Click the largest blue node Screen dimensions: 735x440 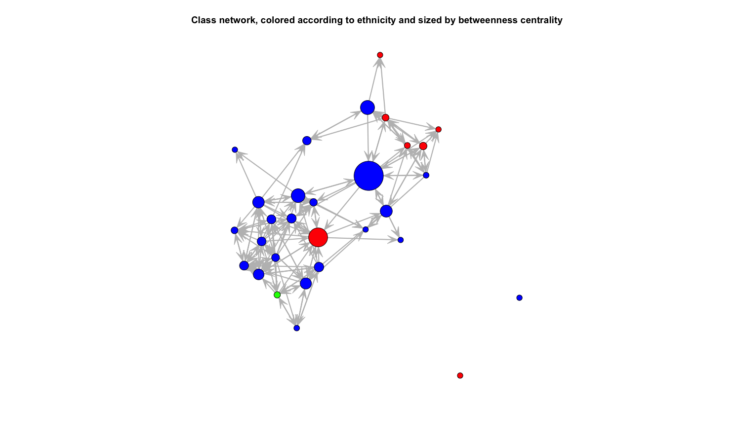[x=368, y=176]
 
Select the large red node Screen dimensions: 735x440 [x=318, y=237]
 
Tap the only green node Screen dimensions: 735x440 [x=277, y=295]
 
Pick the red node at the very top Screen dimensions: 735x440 [x=380, y=55]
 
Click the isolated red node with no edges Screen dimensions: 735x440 [x=460, y=375]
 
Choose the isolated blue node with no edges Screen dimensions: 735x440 [x=520, y=298]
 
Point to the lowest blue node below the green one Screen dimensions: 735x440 [x=297, y=328]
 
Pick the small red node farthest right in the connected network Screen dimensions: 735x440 [x=438, y=129]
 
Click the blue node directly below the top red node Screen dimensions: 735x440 [x=367, y=108]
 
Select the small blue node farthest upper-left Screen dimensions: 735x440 [x=235, y=150]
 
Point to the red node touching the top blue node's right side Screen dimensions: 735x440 [x=386, y=117]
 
